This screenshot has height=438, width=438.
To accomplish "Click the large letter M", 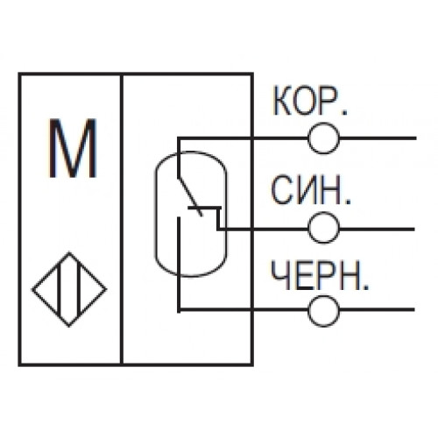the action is coord(73,148).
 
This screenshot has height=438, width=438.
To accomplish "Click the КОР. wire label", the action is coord(310,101).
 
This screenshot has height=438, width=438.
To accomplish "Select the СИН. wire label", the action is coord(311,190).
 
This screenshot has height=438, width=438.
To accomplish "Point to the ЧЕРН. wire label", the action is coord(320,275).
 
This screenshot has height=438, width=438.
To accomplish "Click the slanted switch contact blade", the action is coord(190,196).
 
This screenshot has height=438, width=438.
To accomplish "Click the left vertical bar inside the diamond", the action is coord(59,290).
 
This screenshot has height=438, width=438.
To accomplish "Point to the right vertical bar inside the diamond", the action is coord(79,290).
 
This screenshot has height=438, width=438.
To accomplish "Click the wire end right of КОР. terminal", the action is coord(415,138).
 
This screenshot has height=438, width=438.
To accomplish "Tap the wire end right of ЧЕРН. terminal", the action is coord(413,309).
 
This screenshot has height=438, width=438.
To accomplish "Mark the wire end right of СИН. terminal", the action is coord(413,230).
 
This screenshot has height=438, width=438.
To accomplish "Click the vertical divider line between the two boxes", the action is coord(122,219).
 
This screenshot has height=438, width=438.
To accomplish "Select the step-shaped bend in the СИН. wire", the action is coord(218,217).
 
